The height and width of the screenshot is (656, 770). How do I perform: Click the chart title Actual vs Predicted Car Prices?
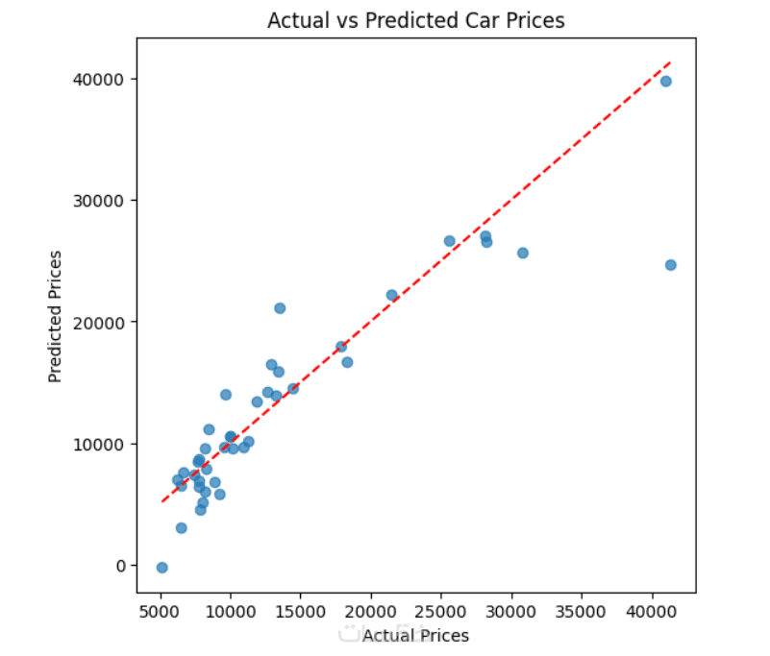[x=416, y=20]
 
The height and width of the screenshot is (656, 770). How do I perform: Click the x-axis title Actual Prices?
[x=415, y=636]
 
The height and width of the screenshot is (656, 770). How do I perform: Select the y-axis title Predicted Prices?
[x=56, y=316]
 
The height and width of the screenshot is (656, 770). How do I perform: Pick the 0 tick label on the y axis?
[x=122, y=566]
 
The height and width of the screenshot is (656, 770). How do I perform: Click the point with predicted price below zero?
[x=162, y=568]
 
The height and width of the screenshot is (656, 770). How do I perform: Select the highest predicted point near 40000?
[x=665, y=82]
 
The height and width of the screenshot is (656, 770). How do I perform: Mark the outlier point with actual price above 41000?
[x=671, y=265]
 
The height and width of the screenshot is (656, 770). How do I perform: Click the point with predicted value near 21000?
[x=280, y=308]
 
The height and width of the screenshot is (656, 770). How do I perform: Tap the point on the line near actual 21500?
[x=391, y=295]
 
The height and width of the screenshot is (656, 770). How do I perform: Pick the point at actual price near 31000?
[x=523, y=253]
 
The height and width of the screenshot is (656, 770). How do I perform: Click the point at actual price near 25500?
[x=449, y=241]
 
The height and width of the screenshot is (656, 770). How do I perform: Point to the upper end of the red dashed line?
[x=670, y=62]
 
